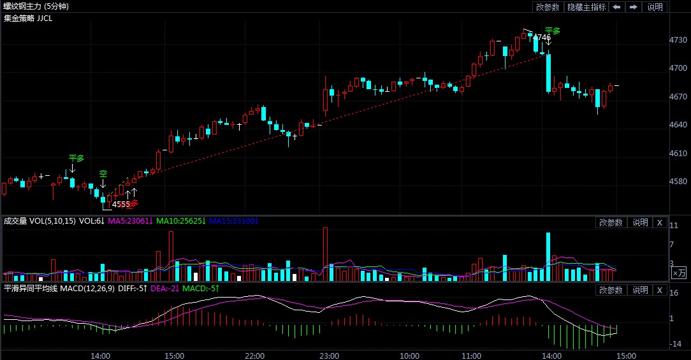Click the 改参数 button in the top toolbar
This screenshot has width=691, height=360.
pyautogui.click(x=548, y=7)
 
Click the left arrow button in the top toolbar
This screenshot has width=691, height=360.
pyautogui.click(x=616, y=7)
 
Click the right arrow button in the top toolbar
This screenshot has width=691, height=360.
pyautogui.click(x=633, y=7)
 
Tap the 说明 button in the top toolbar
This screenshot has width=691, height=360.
pyautogui.click(x=655, y=7)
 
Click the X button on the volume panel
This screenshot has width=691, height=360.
pyautogui.click(x=660, y=222)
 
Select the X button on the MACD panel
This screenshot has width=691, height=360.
pyautogui.click(x=660, y=290)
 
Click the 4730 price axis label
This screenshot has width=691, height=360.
pyautogui.click(x=678, y=40)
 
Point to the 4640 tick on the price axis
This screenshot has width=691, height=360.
pyautogui.click(x=678, y=125)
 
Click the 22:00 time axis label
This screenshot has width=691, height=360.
pyautogui.click(x=255, y=355)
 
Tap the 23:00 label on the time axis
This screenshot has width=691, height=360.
pyautogui.click(x=329, y=355)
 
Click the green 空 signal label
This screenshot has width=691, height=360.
pyautogui.click(x=103, y=173)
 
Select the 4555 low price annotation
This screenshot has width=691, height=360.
pyautogui.click(x=120, y=205)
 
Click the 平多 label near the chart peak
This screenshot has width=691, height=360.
pyautogui.click(x=553, y=30)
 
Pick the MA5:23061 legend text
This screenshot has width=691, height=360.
pyautogui.click(x=131, y=221)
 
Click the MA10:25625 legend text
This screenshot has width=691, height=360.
pyautogui.click(x=180, y=221)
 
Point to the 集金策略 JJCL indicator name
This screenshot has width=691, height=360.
pyautogui.click(x=28, y=18)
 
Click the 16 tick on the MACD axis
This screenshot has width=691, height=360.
pyautogui.click(x=674, y=292)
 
